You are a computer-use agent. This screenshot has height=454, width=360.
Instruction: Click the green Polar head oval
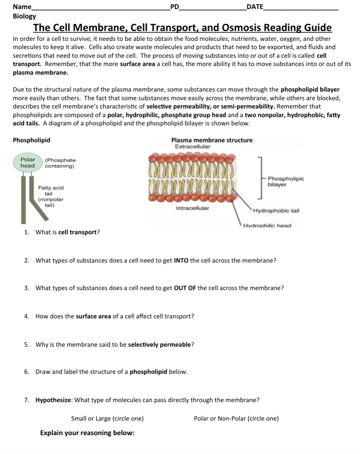[28, 163]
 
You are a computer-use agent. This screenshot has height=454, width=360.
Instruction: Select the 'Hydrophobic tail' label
[276, 210]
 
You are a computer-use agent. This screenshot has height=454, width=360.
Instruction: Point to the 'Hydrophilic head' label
[267, 225]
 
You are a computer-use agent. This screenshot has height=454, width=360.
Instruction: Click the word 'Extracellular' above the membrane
[192, 146]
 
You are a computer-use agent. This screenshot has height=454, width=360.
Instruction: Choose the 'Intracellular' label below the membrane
[192, 208]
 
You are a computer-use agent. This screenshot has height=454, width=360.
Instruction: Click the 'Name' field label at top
[22, 7]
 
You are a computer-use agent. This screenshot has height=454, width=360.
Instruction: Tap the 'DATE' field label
[254, 7]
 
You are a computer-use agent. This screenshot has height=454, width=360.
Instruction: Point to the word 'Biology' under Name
[24, 16]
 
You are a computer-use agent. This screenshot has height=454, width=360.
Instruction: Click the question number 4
[26, 316]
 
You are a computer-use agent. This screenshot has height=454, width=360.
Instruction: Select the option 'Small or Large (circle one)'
[107, 419]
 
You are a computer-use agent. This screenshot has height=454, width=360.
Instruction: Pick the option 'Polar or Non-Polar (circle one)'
[236, 419]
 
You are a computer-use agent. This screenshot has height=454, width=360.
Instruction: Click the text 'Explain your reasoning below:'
[87, 433]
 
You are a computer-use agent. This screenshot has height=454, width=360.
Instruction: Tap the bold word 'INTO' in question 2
[181, 260]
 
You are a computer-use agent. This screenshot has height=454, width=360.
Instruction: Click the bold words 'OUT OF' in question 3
[185, 288]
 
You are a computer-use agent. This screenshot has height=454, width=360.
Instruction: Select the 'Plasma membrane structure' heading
[212, 140]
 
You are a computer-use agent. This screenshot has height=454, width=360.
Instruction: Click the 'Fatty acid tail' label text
[50, 191]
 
